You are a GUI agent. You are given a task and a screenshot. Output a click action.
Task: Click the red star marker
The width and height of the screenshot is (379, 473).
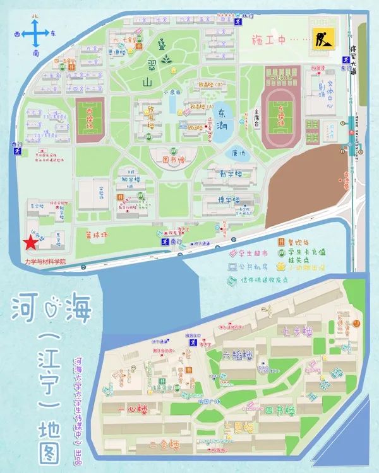[29, 243]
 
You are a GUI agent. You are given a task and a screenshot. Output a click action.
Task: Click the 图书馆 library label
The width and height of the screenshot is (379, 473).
[174, 160]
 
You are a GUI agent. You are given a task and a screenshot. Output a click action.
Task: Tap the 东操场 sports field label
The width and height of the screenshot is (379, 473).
[279, 117]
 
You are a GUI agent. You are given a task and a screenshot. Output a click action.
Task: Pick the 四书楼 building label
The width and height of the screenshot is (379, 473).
[279, 411]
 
